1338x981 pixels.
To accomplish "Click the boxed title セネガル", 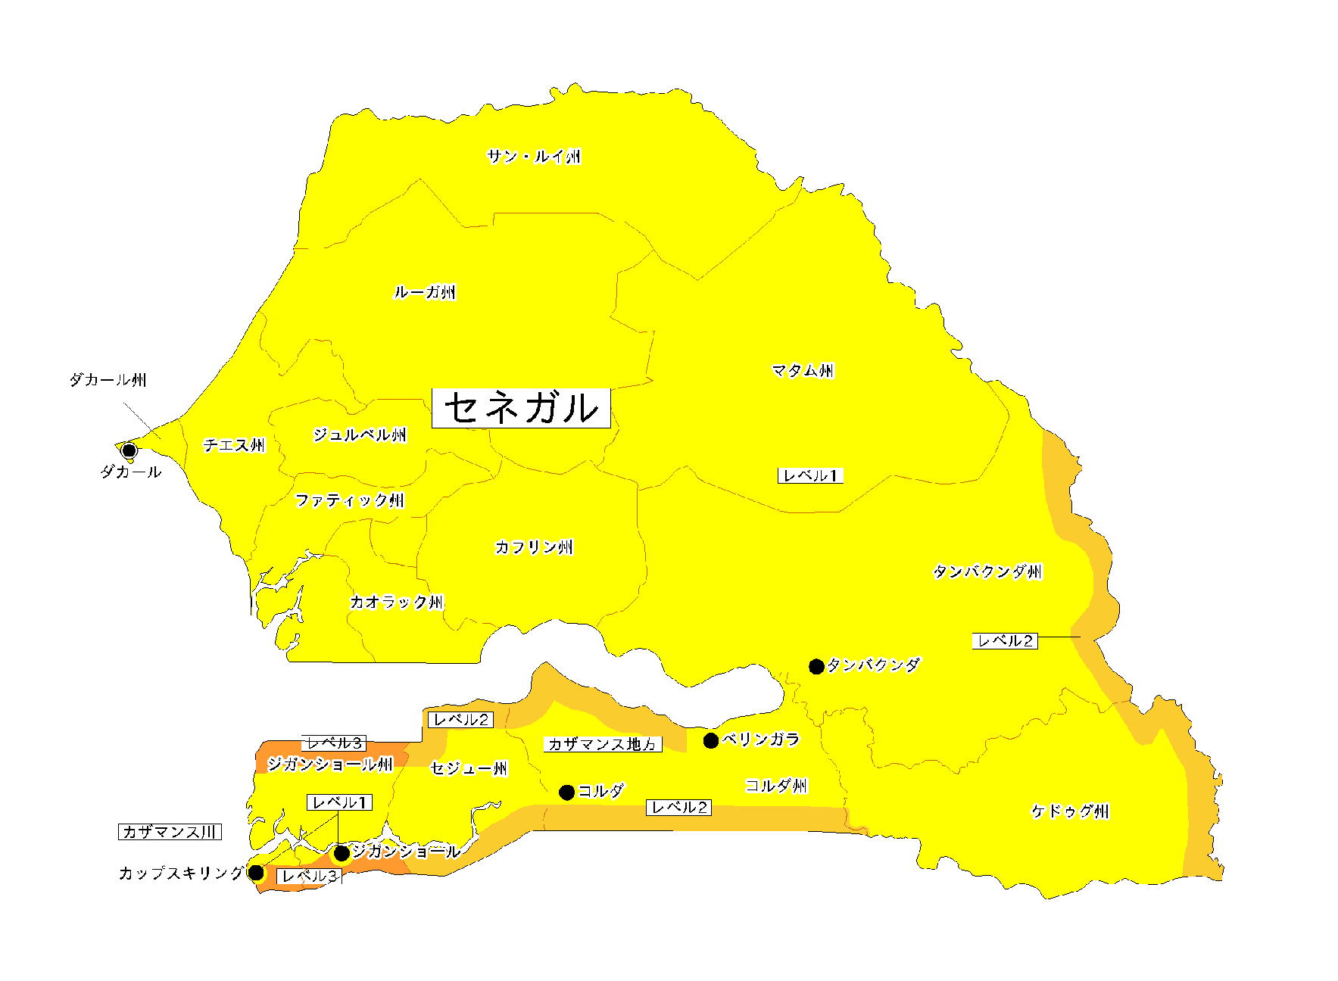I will point(521,408).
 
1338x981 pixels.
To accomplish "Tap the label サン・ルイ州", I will point(534,157).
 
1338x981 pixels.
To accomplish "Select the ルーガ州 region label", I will point(425,292).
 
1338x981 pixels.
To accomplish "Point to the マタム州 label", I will point(803,370).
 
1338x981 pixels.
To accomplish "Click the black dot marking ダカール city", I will point(129,450).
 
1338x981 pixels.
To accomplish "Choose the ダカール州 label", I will point(108,380).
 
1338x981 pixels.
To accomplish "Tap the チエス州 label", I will point(234,445).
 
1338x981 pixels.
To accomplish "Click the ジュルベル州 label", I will point(360,434).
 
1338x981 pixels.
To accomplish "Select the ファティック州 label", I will point(350,500).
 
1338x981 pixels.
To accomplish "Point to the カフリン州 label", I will point(534,547).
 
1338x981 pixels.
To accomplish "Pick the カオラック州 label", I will point(396,603).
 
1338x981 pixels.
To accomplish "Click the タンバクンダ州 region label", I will point(987,571).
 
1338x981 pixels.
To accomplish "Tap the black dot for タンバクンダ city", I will point(816,667).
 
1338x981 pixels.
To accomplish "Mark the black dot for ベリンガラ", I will point(711,741).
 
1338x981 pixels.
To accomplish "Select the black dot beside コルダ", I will point(566,793).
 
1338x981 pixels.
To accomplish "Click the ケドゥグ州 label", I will point(1070,811).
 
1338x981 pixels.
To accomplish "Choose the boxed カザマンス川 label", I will point(170,832).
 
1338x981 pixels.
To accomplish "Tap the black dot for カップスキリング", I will point(257,873).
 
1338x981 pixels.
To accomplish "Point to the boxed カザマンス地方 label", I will point(603,744).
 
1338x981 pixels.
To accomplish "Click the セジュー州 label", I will point(469,769).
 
